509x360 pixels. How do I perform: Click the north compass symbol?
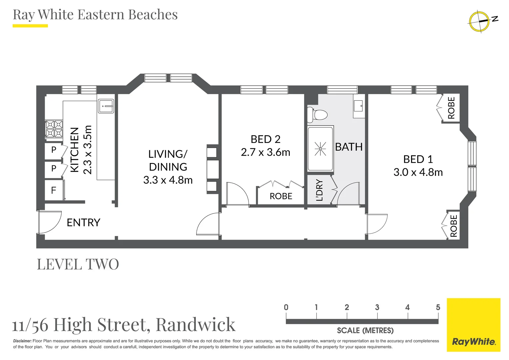479,21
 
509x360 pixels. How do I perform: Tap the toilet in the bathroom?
318,115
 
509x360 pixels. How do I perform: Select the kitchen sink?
106,106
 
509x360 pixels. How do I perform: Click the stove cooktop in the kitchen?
54,129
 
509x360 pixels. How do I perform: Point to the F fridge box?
54,190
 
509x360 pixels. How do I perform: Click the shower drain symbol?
320,149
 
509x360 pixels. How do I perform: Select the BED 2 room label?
265,139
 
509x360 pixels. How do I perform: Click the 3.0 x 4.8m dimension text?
418,172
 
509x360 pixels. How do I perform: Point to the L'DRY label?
319,190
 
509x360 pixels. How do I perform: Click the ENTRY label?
83,222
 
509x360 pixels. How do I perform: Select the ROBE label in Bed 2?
281,196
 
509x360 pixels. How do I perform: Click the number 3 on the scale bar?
377,307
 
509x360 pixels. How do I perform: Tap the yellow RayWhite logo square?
473,325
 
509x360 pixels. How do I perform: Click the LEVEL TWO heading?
78,264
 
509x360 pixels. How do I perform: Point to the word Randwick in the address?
196,324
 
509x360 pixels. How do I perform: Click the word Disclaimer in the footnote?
22,341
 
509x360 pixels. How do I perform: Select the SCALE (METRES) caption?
365,331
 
